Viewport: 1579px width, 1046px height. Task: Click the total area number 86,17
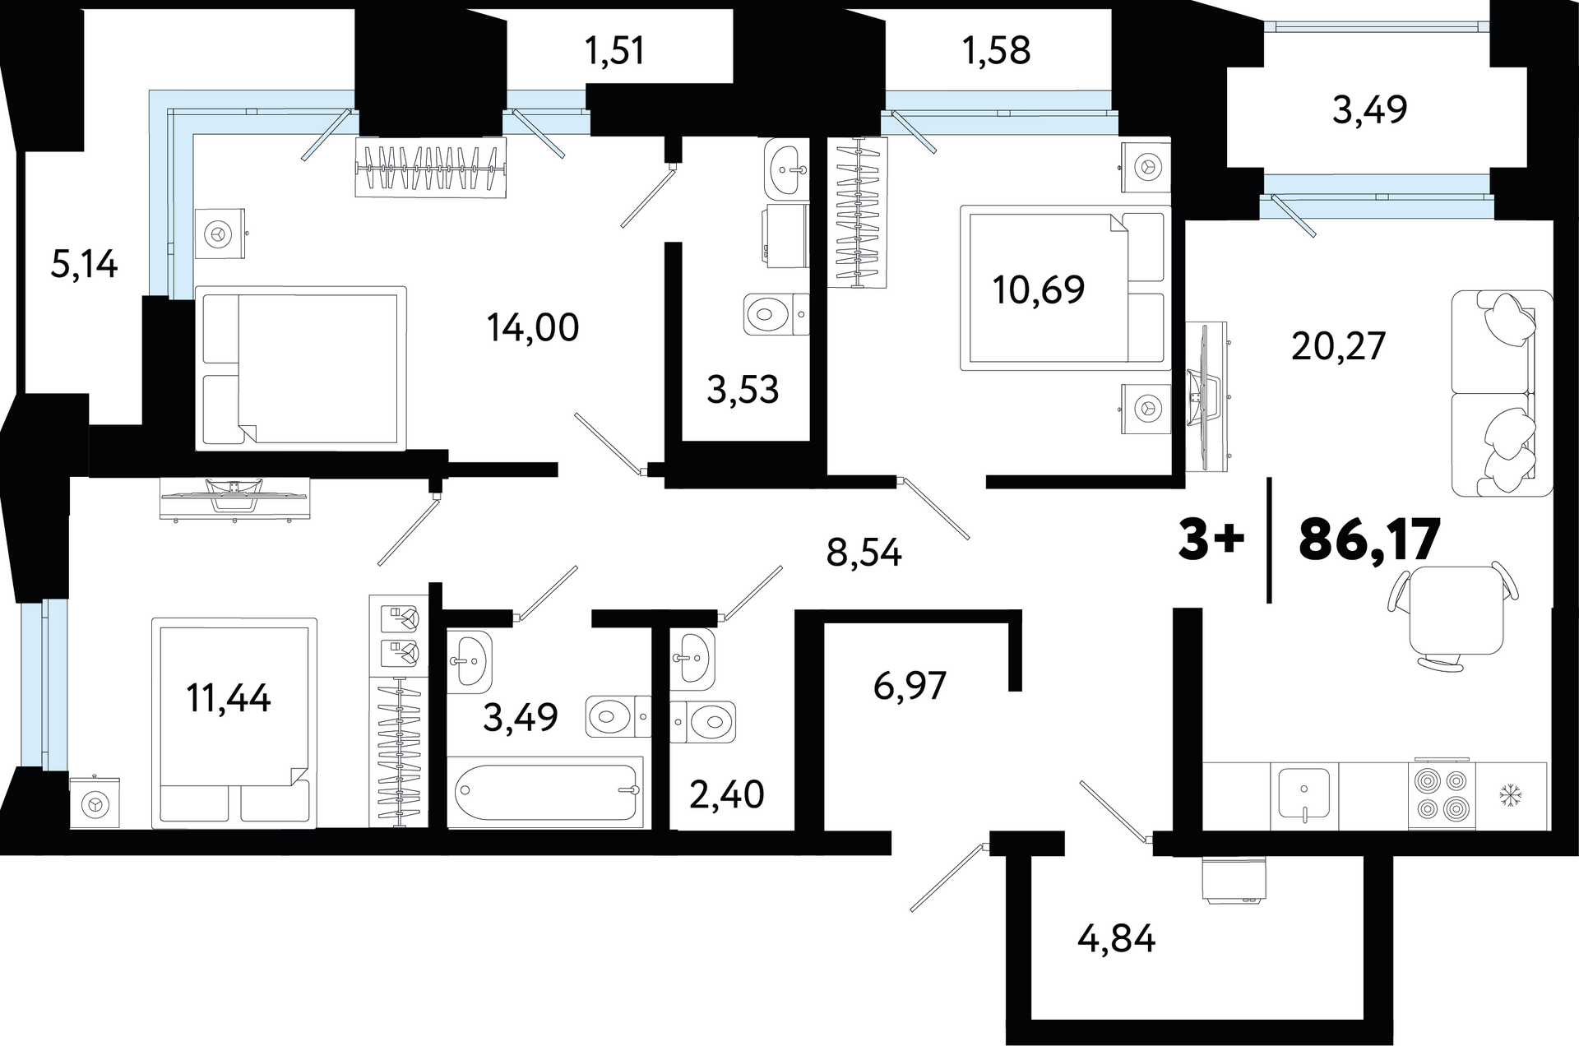tap(1369, 539)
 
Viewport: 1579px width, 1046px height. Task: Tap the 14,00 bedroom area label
tap(533, 327)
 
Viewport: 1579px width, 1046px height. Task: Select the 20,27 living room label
tap(1339, 346)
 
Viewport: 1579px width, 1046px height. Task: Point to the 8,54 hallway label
tap(864, 553)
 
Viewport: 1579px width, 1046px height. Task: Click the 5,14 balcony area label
tap(84, 265)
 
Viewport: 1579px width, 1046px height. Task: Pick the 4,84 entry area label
tap(1117, 938)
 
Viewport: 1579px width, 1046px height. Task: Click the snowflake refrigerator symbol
tap(1512, 795)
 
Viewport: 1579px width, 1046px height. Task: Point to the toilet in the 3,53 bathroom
tap(776, 314)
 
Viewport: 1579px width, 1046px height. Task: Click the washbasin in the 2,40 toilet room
tap(692, 660)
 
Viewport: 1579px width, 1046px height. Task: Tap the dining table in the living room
tap(1452, 609)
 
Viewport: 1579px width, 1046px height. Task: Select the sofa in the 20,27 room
tap(1503, 393)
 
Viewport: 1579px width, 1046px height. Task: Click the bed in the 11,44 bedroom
tap(234, 723)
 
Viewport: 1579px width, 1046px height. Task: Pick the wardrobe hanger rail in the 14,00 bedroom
tap(430, 168)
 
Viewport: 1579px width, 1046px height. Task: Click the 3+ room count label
tap(1211, 540)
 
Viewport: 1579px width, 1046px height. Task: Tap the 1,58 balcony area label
tap(996, 51)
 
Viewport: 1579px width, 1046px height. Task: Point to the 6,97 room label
tap(910, 685)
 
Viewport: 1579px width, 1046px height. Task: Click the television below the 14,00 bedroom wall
tap(235, 498)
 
